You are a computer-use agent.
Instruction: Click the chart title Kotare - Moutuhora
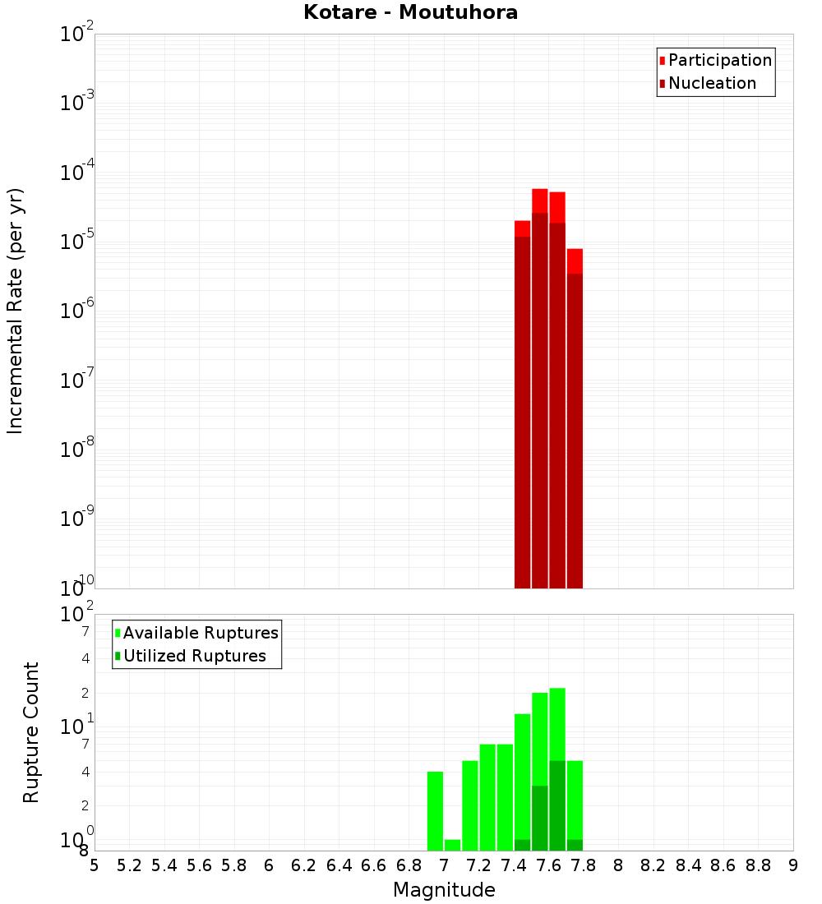pyautogui.click(x=410, y=13)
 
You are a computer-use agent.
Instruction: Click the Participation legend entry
pyautogui.click(x=720, y=60)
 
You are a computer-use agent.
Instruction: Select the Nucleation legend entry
pyautogui.click(x=712, y=83)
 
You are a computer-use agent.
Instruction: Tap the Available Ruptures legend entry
pyautogui.click(x=201, y=633)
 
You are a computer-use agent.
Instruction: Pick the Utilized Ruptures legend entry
pyautogui.click(x=194, y=656)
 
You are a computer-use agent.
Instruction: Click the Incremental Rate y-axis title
pyautogui.click(x=16, y=311)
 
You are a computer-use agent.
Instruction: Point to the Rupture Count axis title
pyautogui.click(x=31, y=732)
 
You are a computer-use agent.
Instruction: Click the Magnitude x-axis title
pyautogui.click(x=444, y=890)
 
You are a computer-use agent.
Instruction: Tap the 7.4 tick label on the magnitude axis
pyautogui.click(x=514, y=865)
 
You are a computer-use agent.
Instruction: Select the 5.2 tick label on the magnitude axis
pyautogui.click(x=129, y=865)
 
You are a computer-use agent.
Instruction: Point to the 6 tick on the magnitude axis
pyautogui.click(x=269, y=865)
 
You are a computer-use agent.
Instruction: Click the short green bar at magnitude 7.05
pyautogui.click(x=452, y=845)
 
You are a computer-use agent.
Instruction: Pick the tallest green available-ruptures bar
pyautogui.click(x=557, y=723)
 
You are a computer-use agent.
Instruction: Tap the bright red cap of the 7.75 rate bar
pyautogui.click(x=575, y=261)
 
